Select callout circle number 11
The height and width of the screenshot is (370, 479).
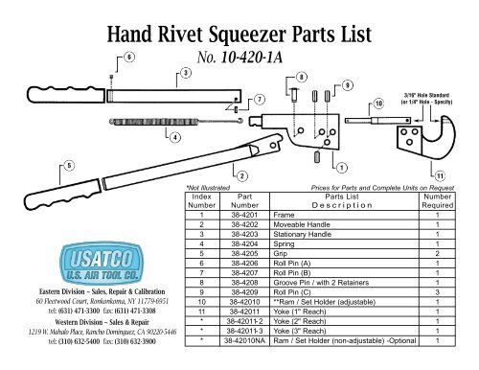[x=440, y=176]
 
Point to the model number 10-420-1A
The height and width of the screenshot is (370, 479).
[x=236, y=58]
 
